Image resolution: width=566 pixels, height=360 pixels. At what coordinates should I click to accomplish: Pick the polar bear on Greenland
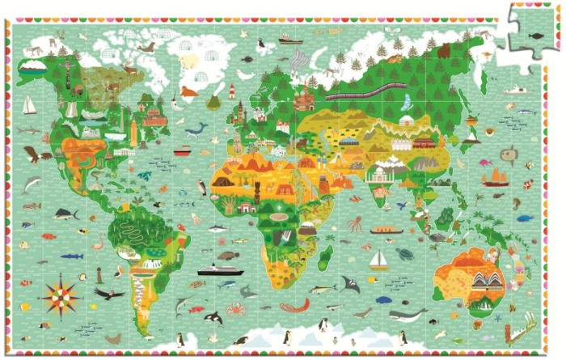point(188,63)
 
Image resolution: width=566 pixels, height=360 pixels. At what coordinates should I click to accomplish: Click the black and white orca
point(213,318)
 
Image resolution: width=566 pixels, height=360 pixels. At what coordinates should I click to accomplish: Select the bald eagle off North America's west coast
point(32,154)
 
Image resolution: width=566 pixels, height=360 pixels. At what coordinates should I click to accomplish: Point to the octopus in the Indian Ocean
point(354,224)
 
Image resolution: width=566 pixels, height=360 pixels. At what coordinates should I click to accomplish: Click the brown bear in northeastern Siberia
point(443,50)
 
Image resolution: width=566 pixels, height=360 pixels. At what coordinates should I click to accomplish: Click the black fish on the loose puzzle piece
point(535,35)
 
